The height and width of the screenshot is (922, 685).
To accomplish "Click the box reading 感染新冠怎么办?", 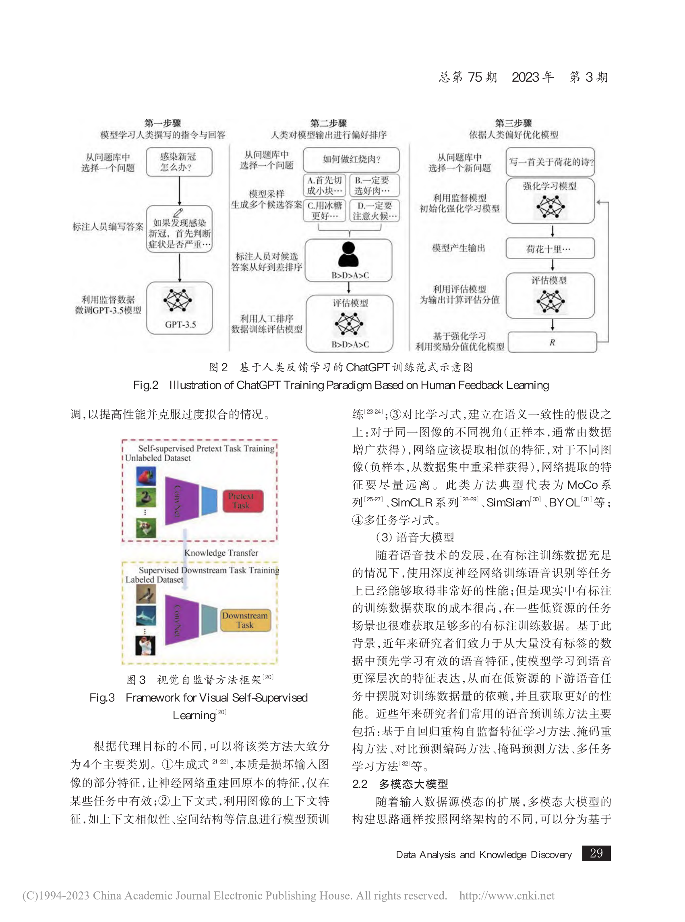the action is pyautogui.click(x=179, y=162).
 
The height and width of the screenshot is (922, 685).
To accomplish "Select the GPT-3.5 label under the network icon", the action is pyautogui.click(x=180, y=325).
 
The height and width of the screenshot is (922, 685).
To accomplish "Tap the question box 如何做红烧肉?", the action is pyautogui.click(x=351, y=159).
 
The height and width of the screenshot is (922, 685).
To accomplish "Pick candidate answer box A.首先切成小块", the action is pyautogui.click(x=325, y=185).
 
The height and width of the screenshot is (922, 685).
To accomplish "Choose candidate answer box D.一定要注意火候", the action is pyautogui.click(x=375, y=211).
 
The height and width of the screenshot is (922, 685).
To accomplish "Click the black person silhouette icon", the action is pyautogui.click(x=348, y=254).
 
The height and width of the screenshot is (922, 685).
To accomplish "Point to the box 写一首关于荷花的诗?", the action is pyautogui.click(x=550, y=162).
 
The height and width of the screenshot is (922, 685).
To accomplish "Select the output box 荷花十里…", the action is pyautogui.click(x=550, y=249).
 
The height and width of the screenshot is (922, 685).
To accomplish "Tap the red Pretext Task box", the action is pyautogui.click(x=243, y=501).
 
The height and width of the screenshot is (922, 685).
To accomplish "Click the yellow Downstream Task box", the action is pyautogui.click(x=245, y=620).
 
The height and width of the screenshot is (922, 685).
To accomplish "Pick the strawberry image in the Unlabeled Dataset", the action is pyautogui.click(x=146, y=476).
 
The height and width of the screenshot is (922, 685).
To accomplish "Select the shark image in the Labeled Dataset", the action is pyautogui.click(x=146, y=615).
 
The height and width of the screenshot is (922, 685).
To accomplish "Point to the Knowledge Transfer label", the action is pyautogui.click(x=221, y=553).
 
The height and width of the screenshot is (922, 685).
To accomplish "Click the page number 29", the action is pyautogui.click(x=596, y=853).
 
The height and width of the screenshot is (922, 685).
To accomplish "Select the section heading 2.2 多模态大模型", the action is pyautogui.click(x=400, y=784).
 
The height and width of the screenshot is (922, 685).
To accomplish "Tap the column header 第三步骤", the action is pyautogui.click(x=513, y=123).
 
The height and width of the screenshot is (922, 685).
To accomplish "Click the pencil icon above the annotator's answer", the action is pyautogui.click(x=178, y=212).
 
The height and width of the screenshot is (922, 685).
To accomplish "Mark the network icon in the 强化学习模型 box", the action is pyautogui.click(x=550, y=206).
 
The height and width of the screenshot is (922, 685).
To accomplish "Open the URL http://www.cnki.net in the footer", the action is pyautogui.click(x=507, y=895).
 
